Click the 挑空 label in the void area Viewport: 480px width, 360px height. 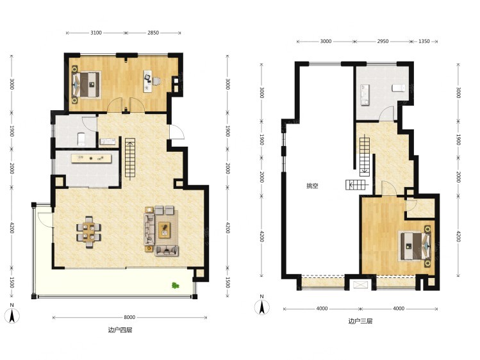click(x=312, y=186)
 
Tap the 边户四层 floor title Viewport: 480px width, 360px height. click(x=120, y=330)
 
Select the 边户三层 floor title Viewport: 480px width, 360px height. click(x=360, y=321)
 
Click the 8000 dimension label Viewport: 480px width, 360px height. click(x=129, y=318)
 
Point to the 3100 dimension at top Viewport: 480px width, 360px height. click(x=96, y=33)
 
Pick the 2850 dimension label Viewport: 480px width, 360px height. click(x=153, y=33)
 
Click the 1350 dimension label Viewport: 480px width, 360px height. click(x=424, y=41)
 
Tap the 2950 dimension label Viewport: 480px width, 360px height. click(x=383, y=41)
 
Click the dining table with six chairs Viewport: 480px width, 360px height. click(x=89, y=232)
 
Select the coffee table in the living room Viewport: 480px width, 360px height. click(x=165, y=229)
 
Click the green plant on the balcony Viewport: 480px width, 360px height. click(x=176, y=286)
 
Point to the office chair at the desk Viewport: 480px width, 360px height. click(x=156, y=81)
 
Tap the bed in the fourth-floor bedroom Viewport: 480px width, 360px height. click(x=86, y=85)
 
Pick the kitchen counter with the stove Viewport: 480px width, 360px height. click(x=91, y=158)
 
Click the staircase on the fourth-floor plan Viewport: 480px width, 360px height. click(x=130, y=159)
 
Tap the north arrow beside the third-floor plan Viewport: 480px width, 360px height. click(x=261, y=306)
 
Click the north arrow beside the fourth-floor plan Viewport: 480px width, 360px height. click(x=12, y=315)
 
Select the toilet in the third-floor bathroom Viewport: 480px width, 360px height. click(x=398, y=88)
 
